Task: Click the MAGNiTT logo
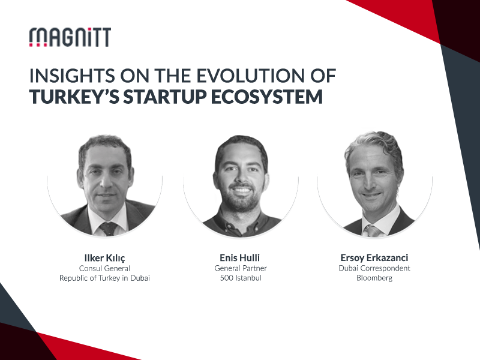tap(70, 37)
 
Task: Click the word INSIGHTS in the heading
tap(72, 76)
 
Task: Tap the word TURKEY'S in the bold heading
tap(74, 97)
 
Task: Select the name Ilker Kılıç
tap(104, 258)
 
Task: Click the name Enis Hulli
tap(239, 257)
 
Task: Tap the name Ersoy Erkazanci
tap(374, 257)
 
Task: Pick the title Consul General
tap(104, 268)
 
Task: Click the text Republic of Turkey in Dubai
tap(104, 278)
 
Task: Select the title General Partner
tap(241, 268)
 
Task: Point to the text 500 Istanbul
tap(241, 278)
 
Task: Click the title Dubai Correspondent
tap(374, 268)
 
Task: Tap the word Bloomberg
tap(374, 278)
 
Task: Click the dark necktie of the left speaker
tap(108, 229)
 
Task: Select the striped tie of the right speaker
tap(372, 230)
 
